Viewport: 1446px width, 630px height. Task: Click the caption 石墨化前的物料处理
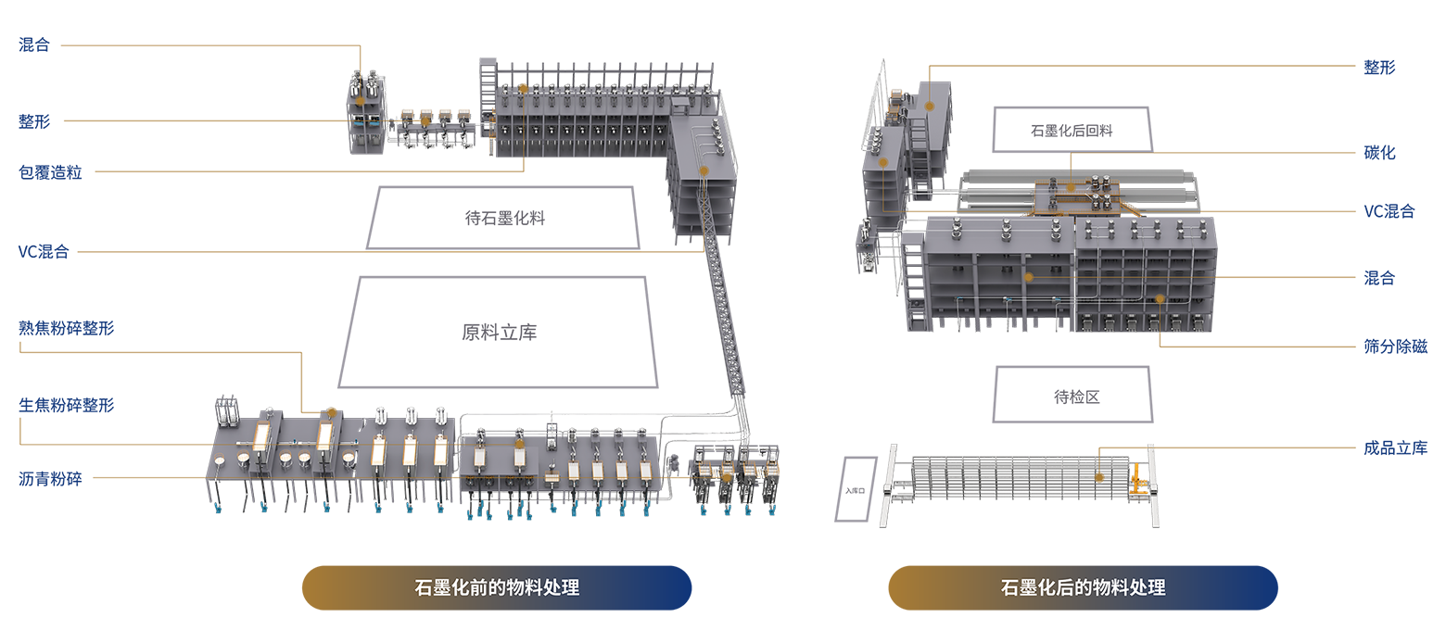click(x=498, y=587)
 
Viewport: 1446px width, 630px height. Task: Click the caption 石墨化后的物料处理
click(x=1084, y=587)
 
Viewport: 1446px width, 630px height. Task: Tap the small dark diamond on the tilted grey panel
click(x=851, y=488)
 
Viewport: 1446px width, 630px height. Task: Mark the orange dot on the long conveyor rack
click(x=1098, y=478)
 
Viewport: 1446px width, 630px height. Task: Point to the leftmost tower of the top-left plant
click(x=365, y=107)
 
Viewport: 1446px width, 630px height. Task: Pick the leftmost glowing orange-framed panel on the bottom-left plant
click(x=261, y=435)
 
